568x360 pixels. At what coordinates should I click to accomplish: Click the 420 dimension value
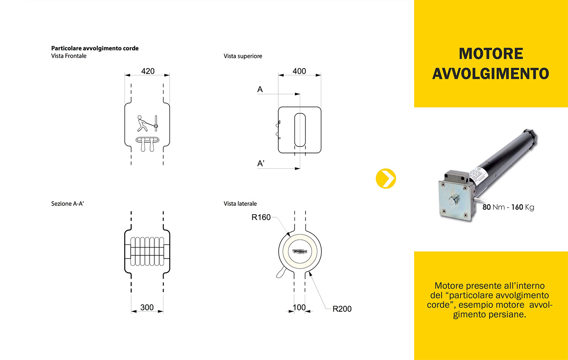[x=148, y=71]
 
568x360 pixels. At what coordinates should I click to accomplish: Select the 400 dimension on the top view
[x=299, y=71]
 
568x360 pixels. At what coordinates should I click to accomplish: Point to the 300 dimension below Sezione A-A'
[x=147, y=307]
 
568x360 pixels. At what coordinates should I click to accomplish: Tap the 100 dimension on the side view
[x=299, y=307]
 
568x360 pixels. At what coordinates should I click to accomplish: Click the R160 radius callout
[x=261, y=217]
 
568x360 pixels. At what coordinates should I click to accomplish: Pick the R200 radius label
[x=342, y=309]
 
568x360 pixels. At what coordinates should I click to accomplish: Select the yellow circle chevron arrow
[x=386, y=178]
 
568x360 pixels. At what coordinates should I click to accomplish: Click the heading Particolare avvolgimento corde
[x=95, y=48]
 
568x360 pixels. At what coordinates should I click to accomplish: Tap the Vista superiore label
[x=243, y=56]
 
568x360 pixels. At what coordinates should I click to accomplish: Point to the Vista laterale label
[x=240, y=203]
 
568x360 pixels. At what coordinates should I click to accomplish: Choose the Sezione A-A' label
[x=67, y=203]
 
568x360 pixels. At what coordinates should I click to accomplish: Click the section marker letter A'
[x=261, y=164]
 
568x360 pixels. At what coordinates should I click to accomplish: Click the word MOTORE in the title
[x=491, y=54]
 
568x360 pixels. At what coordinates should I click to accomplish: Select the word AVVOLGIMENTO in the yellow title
[x=491, y=74]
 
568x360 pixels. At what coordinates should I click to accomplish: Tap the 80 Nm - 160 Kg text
[x=508, y=207]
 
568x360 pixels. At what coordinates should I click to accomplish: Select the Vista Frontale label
[x=69, y=56]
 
